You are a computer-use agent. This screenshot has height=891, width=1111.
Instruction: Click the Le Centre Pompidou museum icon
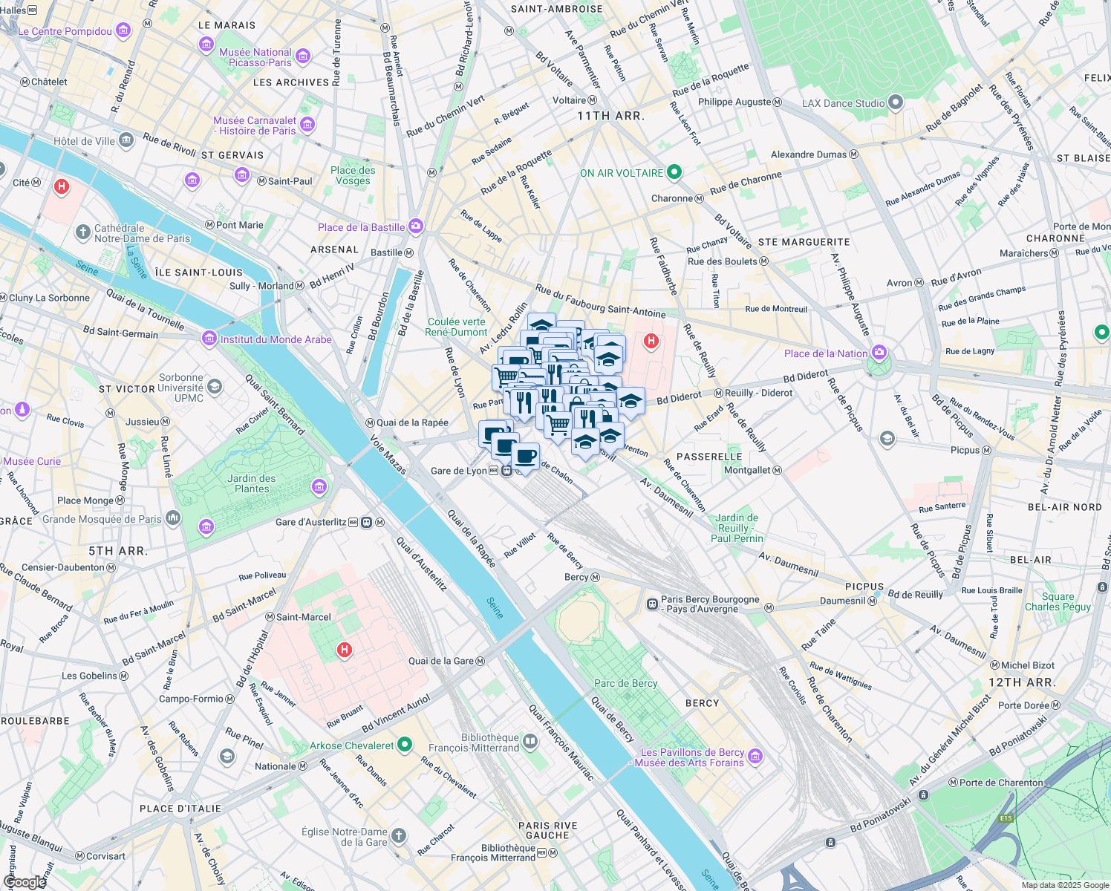point(123,30)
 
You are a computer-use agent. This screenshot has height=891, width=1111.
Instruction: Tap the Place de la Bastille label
point(361,227)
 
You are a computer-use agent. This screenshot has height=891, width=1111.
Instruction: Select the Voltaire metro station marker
point(593,100)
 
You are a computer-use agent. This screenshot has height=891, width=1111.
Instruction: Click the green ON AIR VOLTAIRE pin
point(674,172)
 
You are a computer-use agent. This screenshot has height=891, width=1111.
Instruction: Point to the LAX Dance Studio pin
point(896,102)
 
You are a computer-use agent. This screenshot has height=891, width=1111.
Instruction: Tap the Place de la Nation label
point(825,353)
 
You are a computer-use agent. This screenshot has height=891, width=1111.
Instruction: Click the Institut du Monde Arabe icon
point(209,339)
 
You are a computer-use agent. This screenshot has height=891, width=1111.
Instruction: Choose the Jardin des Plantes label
point(252,483)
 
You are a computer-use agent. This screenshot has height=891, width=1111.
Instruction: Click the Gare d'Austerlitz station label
point(310,522)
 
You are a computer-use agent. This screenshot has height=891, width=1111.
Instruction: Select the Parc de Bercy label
point(625,683)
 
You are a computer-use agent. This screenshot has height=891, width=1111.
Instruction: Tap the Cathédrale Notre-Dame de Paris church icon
point(83,232)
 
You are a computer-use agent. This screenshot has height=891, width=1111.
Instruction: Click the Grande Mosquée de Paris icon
point(173,518)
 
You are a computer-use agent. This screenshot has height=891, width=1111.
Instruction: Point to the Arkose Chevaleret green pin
point(405,744)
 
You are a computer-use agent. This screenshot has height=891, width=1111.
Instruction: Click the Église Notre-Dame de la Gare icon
point(399,836)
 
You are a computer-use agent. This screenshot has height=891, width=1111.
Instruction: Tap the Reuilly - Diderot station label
point(758,393)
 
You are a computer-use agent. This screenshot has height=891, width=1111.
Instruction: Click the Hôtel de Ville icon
point(126,140)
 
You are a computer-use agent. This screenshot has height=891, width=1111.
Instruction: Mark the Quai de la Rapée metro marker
point(369,422)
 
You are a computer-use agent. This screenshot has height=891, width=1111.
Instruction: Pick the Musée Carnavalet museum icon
point(307,125)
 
